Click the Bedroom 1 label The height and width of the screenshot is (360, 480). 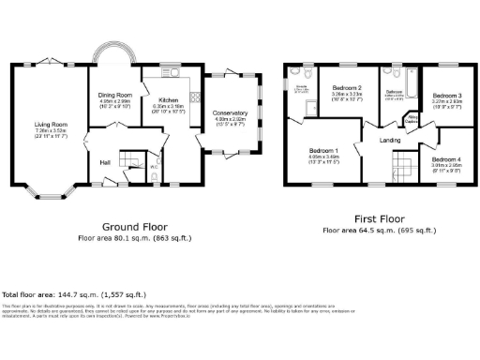(324, 150)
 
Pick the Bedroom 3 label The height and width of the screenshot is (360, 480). (445, 96)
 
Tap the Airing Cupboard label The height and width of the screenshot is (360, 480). (411, 118)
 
